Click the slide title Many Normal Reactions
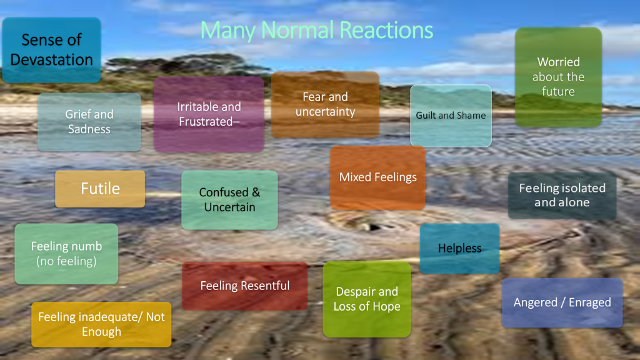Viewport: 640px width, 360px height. point(317,31)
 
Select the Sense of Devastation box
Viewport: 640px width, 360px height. point(51,50)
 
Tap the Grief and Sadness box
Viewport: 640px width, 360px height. point(89,122)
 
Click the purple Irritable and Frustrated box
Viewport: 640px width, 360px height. point(209,114)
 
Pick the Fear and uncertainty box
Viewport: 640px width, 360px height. point(325,104)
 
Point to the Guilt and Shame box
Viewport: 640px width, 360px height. point(451,116)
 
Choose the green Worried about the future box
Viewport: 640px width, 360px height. point(558,77)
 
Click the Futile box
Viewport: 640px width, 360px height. point(100,189)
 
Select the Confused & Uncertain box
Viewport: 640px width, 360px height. point(229,200)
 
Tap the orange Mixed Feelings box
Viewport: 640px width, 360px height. point(378,177)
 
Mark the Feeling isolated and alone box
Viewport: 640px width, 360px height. point(562,196)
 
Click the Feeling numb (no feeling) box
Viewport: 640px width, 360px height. point(66,254)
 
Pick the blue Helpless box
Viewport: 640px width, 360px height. point(459,248)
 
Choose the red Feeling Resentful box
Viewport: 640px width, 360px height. point(245,286)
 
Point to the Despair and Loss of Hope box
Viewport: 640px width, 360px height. point(367,299)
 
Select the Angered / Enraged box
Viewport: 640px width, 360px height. point(562,303)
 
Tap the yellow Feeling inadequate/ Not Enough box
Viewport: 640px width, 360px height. point(101,324)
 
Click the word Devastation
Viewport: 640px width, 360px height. point(51,60)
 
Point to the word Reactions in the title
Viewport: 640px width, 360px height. point(386,31)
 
